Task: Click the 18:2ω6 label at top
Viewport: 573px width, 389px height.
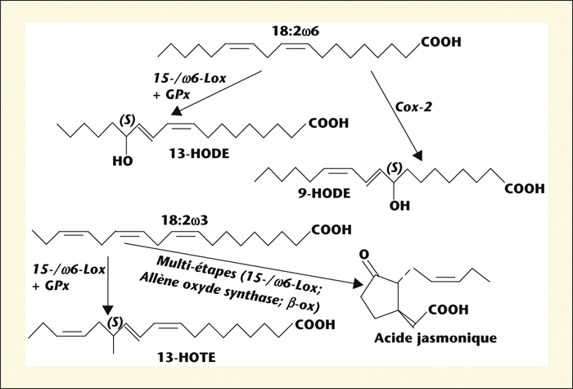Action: [x=296, y=31]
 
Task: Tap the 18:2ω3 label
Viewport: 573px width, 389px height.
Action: [x=184, y=220]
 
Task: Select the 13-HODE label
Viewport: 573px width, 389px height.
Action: [x=199, y=154]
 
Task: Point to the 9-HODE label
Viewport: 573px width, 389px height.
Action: [x=324, y=193]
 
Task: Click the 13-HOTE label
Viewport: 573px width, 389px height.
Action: [x=187, y=357]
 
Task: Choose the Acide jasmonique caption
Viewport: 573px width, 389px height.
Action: [x=435, y=338]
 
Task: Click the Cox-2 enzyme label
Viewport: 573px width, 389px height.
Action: [x=413, y=106]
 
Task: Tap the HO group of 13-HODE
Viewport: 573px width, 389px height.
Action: [x=123, y=161]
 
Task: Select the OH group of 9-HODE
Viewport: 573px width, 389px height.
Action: [x=399, y=206]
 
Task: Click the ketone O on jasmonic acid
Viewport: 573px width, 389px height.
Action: [x=364, y=254]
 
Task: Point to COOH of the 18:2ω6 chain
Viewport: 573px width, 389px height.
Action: [x=441, y=42]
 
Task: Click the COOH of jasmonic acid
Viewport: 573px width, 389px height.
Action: [x=448, y=310]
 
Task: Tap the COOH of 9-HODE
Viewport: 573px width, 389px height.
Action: [x=525, y=188]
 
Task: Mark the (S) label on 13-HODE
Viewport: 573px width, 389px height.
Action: [x=127, y=120]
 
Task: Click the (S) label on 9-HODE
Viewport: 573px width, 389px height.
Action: [x=395, y=168]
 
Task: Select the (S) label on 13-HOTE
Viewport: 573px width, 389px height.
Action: [x=115, y=322]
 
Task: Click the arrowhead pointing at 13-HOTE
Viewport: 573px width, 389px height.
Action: [x=108, y=310]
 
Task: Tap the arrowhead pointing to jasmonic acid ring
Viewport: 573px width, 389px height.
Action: [x=358, y=283]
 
